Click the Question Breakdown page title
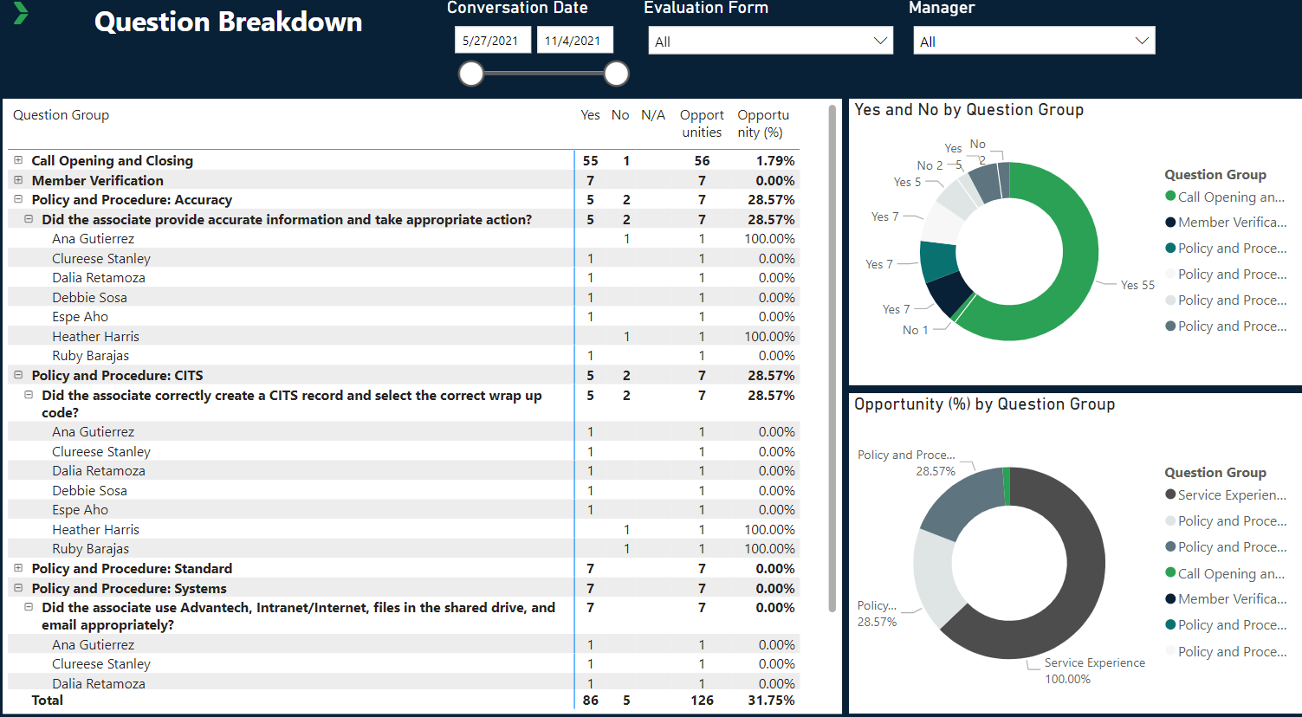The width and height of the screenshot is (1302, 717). (228, 23)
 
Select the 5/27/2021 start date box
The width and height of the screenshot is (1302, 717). (491, 41)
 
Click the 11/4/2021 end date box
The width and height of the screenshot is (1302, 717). (573, 41)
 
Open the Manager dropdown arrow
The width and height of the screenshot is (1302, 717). (1142, 41)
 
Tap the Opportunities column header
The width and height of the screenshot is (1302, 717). (702, 123)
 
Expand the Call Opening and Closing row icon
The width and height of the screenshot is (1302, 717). (18, 160)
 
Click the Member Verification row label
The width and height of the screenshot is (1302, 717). (97, 180)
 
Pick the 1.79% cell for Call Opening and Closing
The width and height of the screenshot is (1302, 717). (774, 160)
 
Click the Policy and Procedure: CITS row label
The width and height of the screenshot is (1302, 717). (117, 375)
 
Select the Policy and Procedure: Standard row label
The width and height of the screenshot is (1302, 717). (132, 568)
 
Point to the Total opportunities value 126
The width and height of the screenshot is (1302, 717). (702, 700)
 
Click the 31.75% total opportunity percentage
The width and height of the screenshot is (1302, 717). (771, 700)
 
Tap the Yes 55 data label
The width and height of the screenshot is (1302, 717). (1137, 285)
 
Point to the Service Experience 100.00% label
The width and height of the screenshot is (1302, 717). (1094, 670)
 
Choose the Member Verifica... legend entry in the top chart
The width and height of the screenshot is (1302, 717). (1231, 223)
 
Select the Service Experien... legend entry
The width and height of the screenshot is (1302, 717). (1231, 495)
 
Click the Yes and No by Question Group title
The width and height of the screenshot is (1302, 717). (968, 110)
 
